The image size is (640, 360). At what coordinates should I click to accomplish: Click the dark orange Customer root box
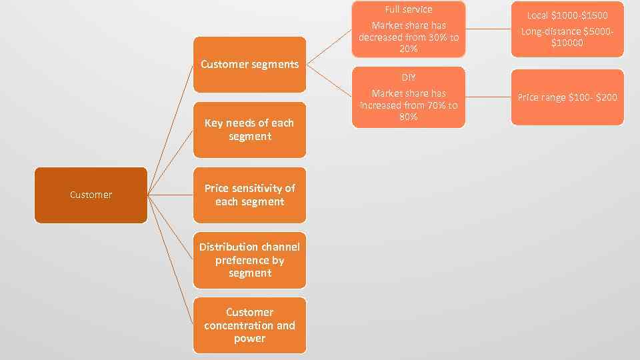(x=91, y=195)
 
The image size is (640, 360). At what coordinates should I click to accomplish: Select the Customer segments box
(x=249, y=65)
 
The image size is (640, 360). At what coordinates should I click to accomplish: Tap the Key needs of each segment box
(x=249, y=129)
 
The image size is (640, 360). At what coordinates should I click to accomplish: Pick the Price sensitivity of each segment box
(x=249, y=195)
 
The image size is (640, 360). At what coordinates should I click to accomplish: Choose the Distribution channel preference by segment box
(x=249, y=260)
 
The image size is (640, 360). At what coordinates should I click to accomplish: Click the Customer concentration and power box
(x=249, y=325)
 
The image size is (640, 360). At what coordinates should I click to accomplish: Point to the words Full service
(x=409, y=9)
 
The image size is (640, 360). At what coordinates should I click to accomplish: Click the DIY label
(x=409, y=78)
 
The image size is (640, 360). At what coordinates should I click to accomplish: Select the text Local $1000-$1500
(x=567, y=15)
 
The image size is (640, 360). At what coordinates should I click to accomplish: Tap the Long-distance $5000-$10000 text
(x=567, y=37)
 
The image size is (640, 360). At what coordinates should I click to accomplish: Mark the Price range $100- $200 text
(x=567, y=97)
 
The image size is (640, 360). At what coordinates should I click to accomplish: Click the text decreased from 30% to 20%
(x=409, y=43)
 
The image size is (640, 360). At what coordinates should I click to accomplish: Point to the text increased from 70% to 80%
(x=409, y=111)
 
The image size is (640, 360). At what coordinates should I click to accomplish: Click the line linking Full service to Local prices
(x=488, y=29)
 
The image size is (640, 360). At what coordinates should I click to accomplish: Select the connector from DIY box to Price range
(x=488, y=97)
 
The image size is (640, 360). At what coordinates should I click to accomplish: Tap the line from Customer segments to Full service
(x=329, y=47)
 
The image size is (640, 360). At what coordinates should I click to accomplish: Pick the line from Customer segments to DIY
(x=329, y=81)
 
